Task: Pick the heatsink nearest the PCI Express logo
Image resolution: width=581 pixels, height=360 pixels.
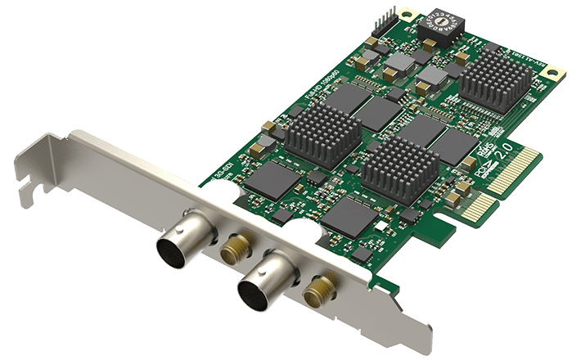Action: [399, 172]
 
